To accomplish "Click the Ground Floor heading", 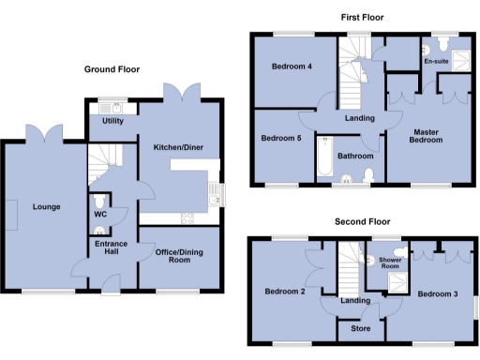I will [112, 69].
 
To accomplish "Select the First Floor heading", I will [361, 17].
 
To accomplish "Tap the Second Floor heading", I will [361, 222].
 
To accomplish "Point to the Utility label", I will [113, 122].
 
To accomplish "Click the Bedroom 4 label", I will [292, 67].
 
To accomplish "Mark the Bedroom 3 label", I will [438, 294].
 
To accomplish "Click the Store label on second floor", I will [361, 329].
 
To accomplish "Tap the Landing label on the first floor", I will [359, 118].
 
